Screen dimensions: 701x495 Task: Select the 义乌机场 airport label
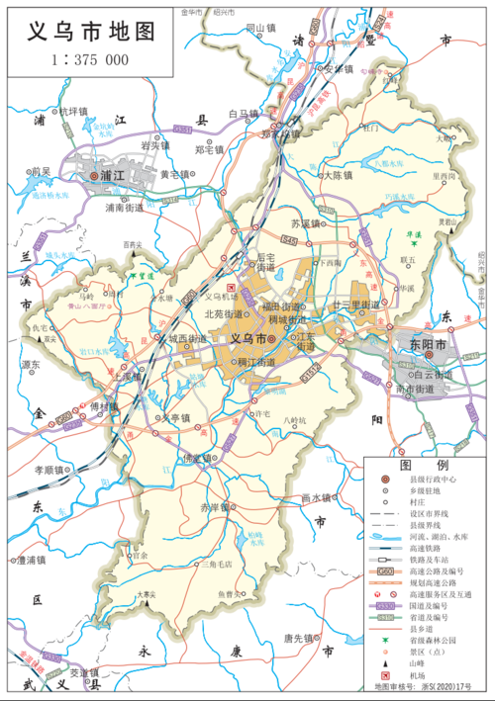(x=220, y=296)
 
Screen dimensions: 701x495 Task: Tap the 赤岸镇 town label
(x=211, y=506)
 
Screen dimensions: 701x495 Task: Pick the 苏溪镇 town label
(x=308, y=224)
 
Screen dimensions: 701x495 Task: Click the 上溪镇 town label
(x=129, y=378)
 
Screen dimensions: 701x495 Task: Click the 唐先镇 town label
(x=302, y=638)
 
